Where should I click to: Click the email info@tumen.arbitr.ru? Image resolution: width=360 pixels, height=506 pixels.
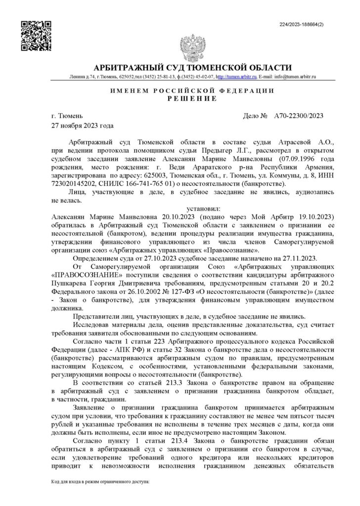coord(295,77)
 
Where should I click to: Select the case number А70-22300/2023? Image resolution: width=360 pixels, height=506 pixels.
coord(298,116)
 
